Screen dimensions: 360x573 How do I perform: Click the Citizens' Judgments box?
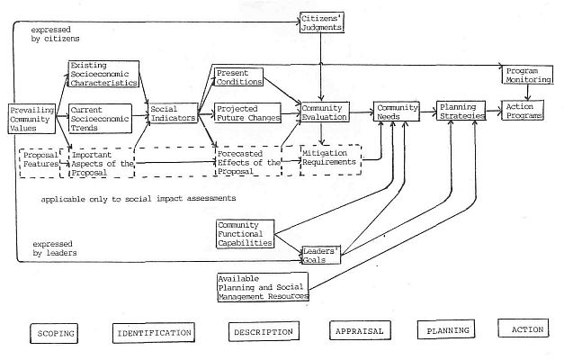[x=321, y=22]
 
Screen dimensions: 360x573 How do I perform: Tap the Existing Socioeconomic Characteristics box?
[x=103, y=74]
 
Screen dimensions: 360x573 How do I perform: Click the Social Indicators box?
[x=171, y=113]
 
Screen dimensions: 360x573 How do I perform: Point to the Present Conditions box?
[x=238, y=76]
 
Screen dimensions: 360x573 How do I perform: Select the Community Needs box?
[x=397, y=113]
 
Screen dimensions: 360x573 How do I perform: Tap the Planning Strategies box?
[x=461, y=112]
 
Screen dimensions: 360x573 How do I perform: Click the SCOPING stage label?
[x=57, y=330]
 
